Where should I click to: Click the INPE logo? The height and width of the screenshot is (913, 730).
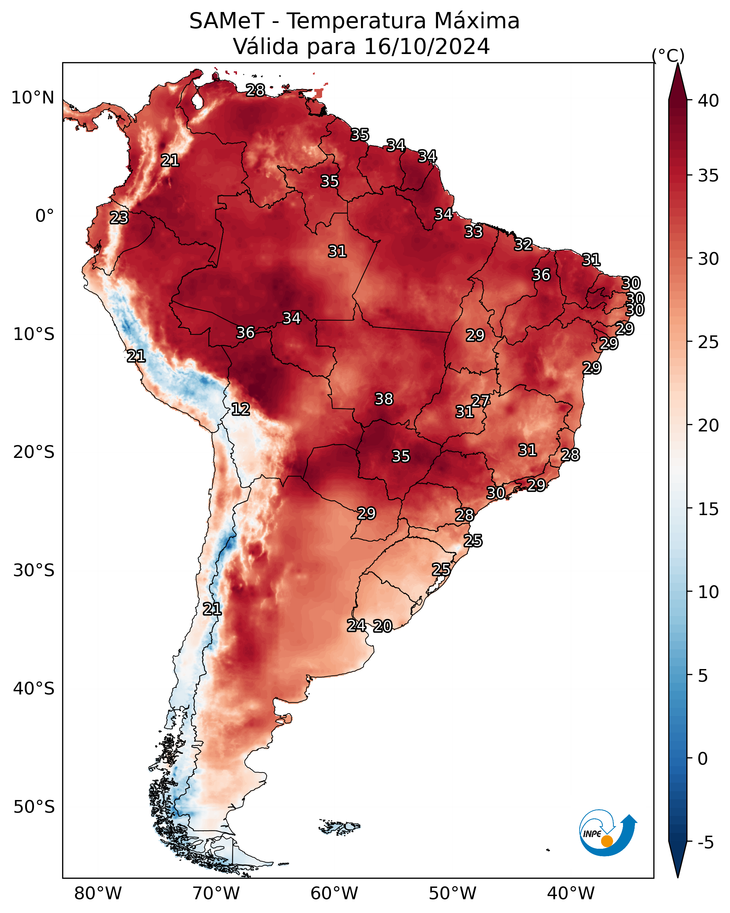(x=608, y=836)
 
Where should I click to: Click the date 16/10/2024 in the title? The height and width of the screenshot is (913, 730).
(x=427, y=46)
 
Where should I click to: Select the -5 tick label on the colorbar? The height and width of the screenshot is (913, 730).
(x=705, y=843)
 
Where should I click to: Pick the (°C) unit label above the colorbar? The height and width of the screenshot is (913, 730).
(x=668, y=55)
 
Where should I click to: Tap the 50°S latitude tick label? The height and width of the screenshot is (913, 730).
(x=34, y=807)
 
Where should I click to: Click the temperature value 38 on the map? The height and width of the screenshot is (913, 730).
(x=384, y=399)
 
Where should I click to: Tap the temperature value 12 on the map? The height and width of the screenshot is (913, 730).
(x=241, y=409)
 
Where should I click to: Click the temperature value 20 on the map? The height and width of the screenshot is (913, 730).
(x=383, y=626)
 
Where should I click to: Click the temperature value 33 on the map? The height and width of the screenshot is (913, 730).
(x=474, y=232)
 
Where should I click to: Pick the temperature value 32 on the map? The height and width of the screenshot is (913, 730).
(x=524, y=245)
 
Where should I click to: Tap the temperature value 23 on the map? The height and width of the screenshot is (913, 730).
(x=119, y=218)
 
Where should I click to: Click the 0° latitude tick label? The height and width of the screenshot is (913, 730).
(x=45, y=216)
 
